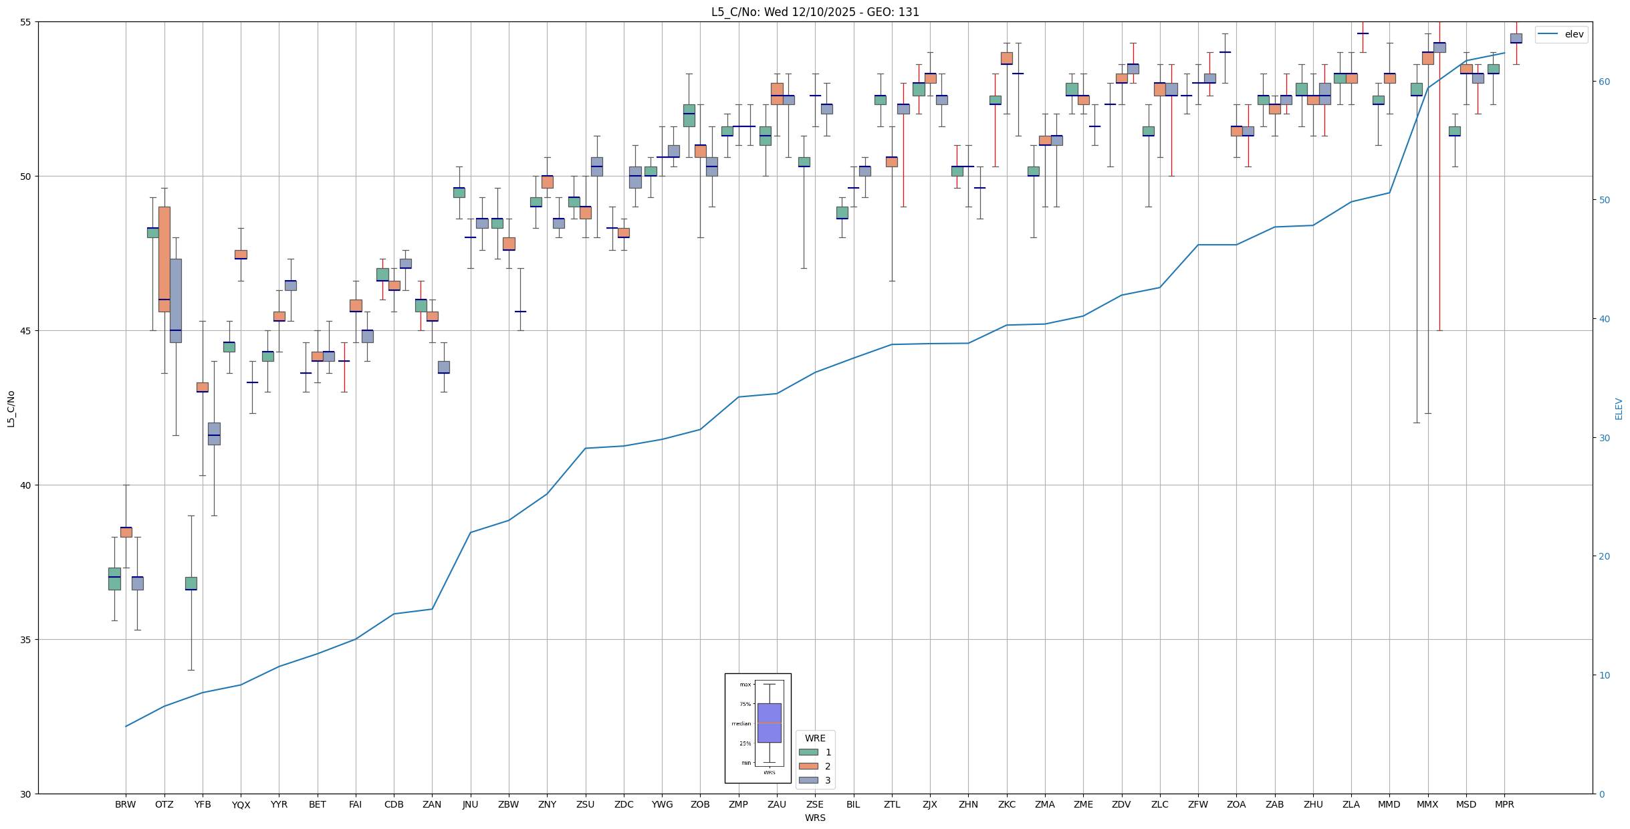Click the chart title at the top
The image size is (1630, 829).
click(x=815, y=12)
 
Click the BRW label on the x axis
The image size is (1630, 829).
click(x=126, y=804)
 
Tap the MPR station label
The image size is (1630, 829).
click(x=1504, y=804)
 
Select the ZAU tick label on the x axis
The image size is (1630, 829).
click(x=777, y=804)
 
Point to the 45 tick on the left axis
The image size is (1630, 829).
click(x=27, y=331)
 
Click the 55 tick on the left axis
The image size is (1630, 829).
click(x=27, y=22)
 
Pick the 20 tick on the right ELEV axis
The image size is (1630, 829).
click(x=1604, y=556)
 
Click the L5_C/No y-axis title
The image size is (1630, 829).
click(x=11, y=408)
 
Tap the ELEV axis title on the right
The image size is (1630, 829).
click(x=1619, y=408)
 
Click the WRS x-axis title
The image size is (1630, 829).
click(x=815, y=818)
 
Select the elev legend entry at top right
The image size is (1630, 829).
click(x=1561, y=35)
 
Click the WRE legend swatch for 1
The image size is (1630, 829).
click(x=808, y=752)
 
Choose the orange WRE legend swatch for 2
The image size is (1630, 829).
click(x=808, y=766)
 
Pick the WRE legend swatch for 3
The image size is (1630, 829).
click(x=808, y=780)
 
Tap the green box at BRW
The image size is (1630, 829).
click(x=114, y=578)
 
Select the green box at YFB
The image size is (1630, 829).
click(x=191, y=583)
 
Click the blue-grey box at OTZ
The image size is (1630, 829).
click(x=176, y=300)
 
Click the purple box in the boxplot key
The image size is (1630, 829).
click(x=769, y=723)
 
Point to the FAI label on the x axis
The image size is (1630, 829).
click(x=356, y=804)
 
